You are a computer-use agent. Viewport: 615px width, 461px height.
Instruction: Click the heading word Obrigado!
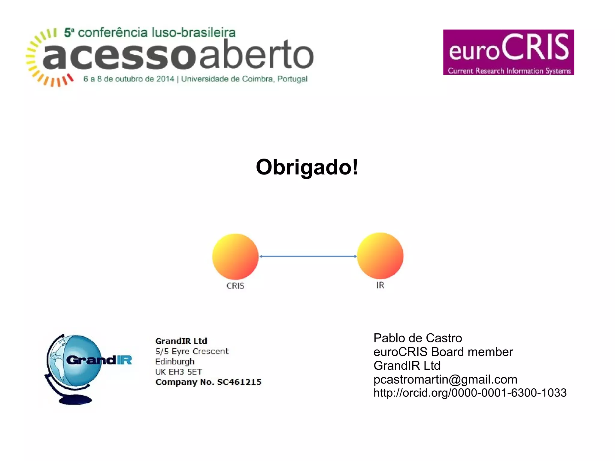307,167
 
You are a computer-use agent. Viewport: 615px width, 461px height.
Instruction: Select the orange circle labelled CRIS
235,256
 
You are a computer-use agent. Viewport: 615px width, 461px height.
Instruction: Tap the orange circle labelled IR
380,256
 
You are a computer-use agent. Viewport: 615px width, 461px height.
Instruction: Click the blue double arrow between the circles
308,256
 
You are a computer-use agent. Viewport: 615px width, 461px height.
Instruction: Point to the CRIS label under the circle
235,286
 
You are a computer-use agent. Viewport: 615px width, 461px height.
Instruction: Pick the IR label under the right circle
380,285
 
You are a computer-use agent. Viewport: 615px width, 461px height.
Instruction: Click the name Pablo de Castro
417,338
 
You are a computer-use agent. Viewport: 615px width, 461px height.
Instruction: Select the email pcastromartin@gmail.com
445,379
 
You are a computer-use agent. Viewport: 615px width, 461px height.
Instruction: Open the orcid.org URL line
470,393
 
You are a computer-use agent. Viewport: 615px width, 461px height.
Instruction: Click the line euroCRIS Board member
443,352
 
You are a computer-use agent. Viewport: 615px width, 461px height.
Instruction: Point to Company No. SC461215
208,382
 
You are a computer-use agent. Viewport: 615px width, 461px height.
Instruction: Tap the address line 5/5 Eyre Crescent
192,351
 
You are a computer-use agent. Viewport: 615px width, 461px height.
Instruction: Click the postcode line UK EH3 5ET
178,372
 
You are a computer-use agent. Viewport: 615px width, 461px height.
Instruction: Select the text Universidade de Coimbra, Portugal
244,79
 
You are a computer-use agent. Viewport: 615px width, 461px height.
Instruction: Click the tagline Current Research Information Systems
509,71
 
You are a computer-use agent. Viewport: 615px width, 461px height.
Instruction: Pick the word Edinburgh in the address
174,361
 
